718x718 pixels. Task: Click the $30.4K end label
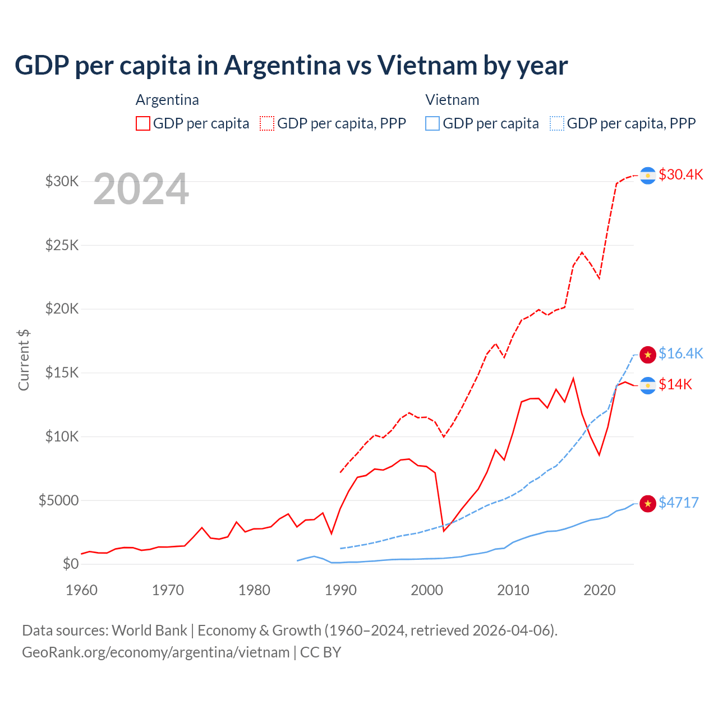click(680, 174)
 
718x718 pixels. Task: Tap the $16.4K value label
click(680, 353)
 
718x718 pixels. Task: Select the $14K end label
click(675, 384)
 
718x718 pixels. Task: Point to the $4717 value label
click(679, 503)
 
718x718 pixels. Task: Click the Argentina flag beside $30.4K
click(648, 176)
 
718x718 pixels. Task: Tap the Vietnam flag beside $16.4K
click(648, 355)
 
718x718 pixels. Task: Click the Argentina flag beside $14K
click(648, 385)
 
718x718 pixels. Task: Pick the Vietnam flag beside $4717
click(648, 504)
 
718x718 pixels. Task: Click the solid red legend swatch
click(143, 123)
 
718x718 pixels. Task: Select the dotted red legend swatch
click(267, 123)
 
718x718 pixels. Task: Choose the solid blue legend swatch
click(432, 123)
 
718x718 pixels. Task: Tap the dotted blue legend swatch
click(557, 123)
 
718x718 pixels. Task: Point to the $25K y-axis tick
click(62, 245)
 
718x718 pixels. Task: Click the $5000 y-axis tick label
click(58, 500)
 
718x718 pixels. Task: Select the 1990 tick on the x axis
click(340, 590)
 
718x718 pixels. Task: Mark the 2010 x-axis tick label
click(513, 590)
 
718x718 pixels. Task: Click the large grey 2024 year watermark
click(141, 190)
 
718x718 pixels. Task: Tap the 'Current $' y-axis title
click(24, 360)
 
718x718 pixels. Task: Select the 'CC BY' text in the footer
click(320, 652)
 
